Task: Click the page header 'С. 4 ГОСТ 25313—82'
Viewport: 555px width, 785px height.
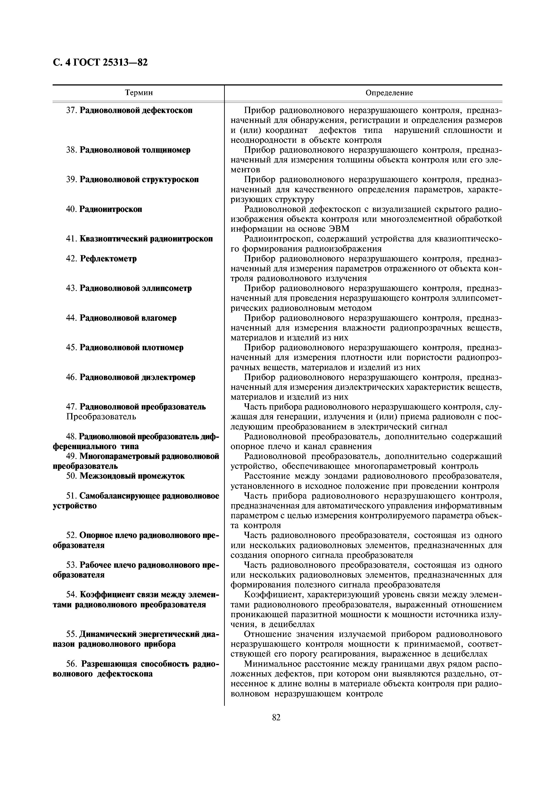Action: (x=100, y=63)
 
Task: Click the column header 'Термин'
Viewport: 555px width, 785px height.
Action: (x=139, y=93)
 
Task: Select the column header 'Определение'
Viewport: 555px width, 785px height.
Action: (x=389, y=93)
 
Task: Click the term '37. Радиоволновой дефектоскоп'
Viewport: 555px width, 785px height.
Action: (x=129, y=111)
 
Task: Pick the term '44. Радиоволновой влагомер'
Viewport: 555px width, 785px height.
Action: (x=121, y=318)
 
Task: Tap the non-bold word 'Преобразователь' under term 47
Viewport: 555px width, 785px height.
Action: (x=101, y=416)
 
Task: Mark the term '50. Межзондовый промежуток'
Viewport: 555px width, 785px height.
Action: (x=125, y=476)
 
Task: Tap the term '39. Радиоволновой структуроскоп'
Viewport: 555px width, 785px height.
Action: (x=132, y=179)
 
